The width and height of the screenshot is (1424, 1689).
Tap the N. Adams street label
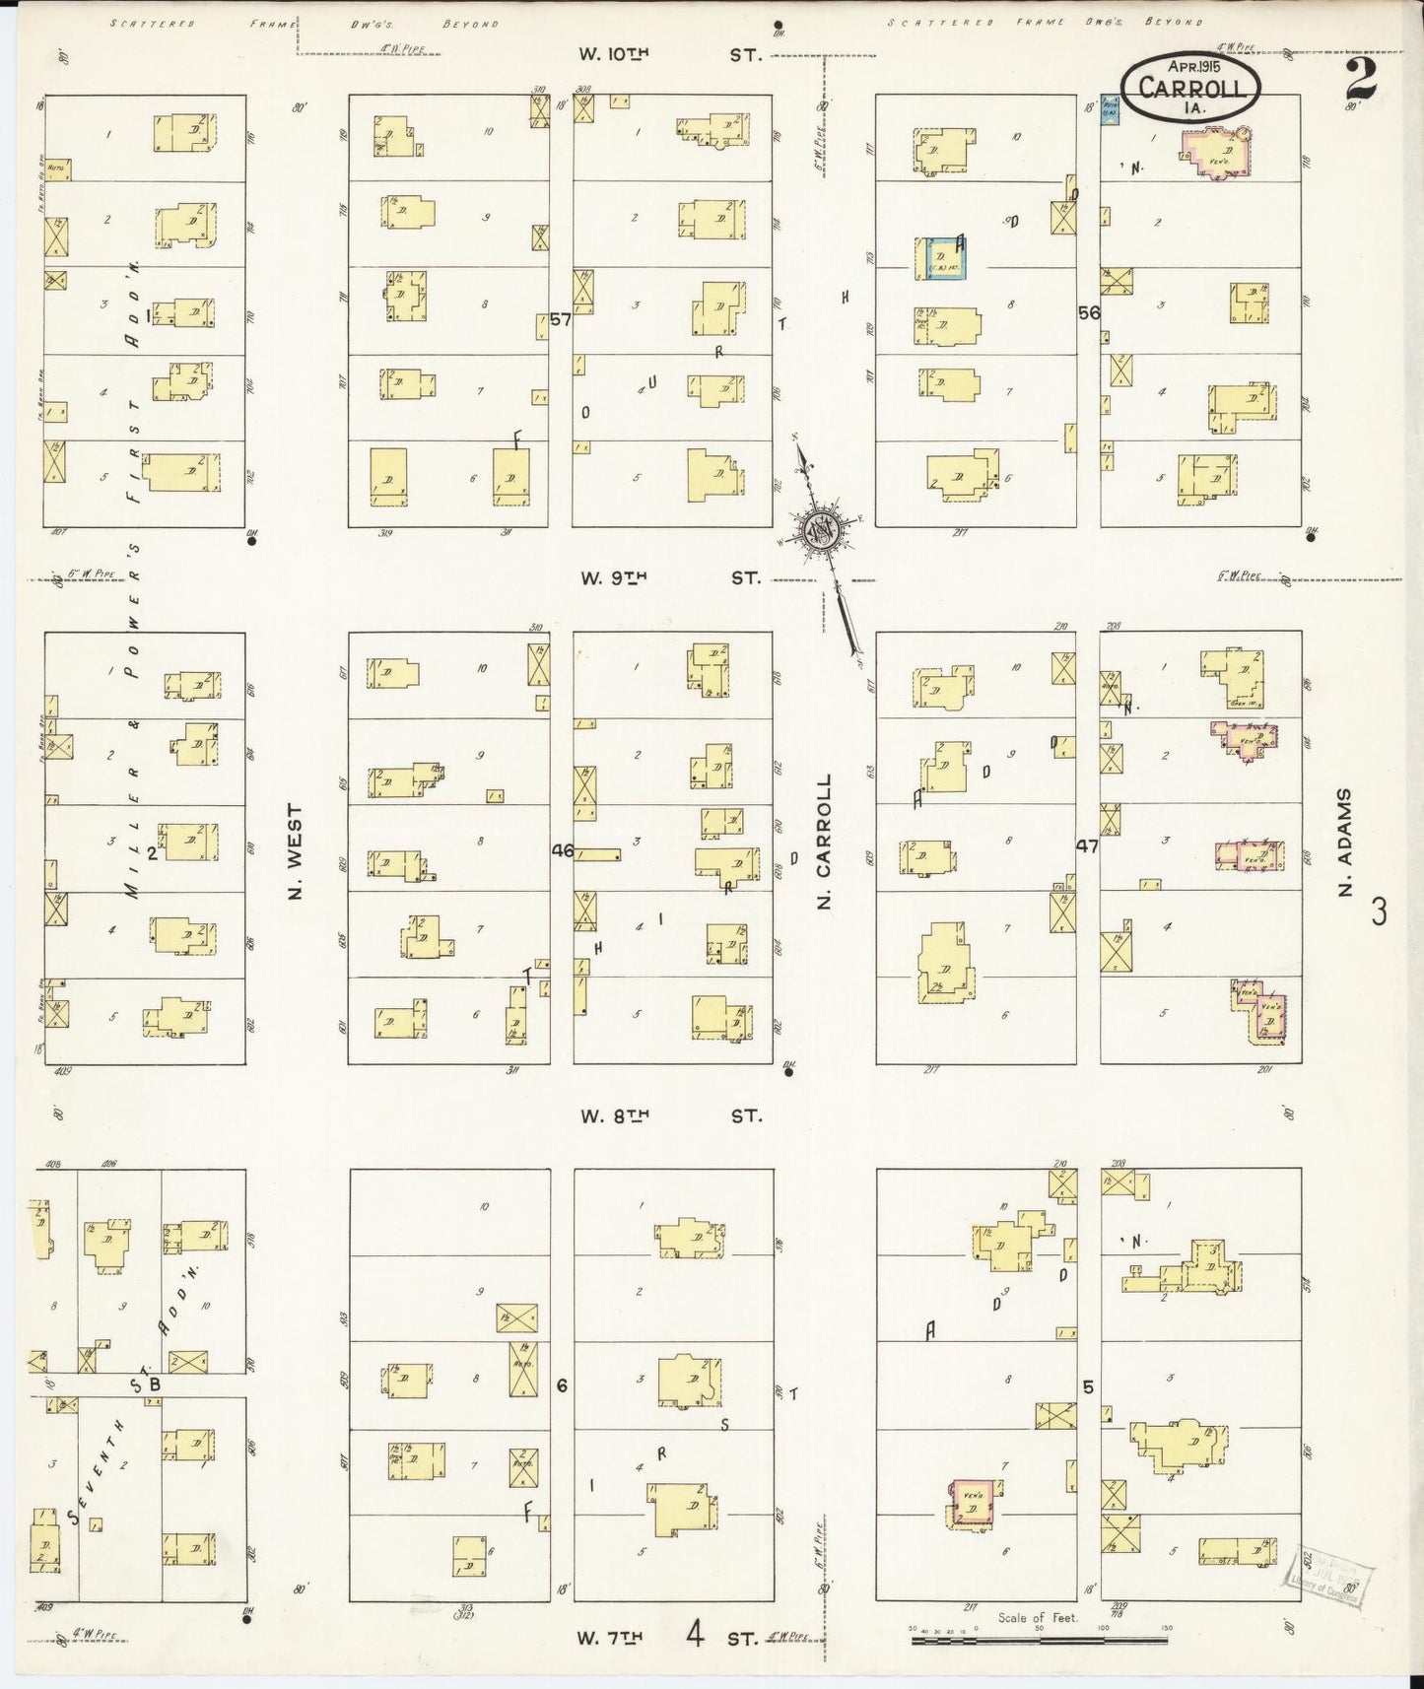(1345, 843)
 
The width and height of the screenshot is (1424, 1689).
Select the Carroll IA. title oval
(1189, 88)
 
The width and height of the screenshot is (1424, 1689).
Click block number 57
(561, 319)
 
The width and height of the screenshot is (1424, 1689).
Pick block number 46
(562, 849)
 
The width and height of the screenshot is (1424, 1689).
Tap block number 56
(1089, 312)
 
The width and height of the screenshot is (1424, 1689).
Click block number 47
(1087, 844)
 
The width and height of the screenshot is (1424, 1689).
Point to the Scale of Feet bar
(1040, 1643)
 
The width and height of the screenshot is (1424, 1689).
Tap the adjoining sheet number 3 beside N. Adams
(1378, 912)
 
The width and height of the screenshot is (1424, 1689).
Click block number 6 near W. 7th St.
(562, 1385)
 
